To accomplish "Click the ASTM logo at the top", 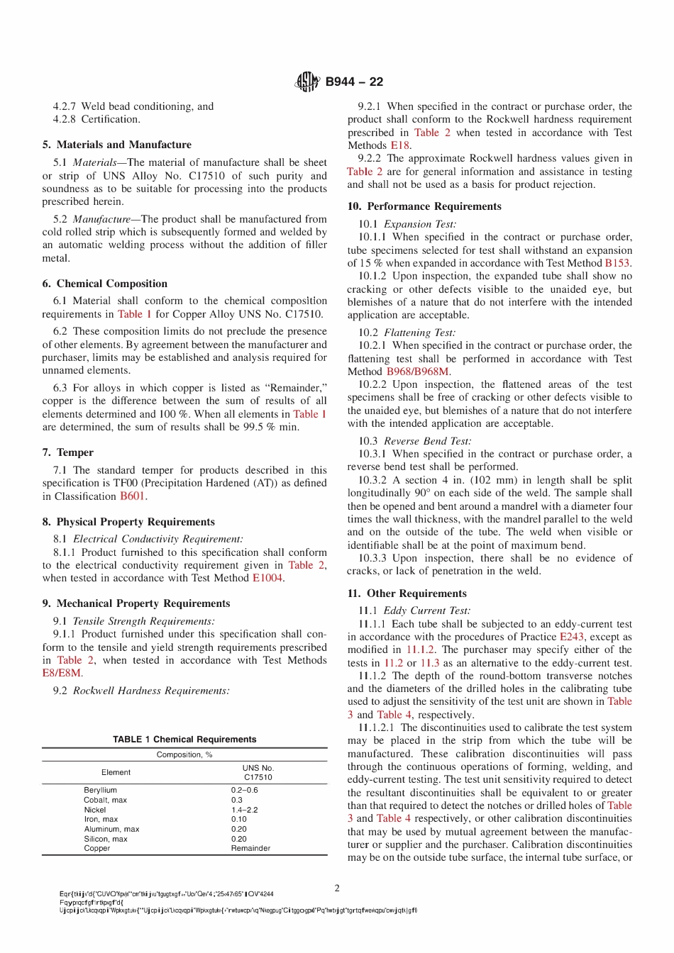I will pos(306,82).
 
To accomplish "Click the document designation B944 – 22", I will pos(354,82).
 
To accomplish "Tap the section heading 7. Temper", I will pos(67,452).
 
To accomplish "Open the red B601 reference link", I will pos(133,496).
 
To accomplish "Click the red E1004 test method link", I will pos(267,578).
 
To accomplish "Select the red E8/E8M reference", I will pos(62,673).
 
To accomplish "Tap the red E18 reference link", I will pos(400,145).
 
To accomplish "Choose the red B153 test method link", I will pos(617,263).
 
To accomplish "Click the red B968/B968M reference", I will pos(418,372).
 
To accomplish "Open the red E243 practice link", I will pos(571,637).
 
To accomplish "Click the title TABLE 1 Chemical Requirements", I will pos(184,739).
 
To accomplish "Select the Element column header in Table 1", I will pos(116,772).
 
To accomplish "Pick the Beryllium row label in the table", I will pos(100,790).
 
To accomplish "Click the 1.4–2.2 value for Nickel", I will pos(244,810).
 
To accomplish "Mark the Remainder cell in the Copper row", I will pos(250,848).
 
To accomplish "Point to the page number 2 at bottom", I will pos(337,888).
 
